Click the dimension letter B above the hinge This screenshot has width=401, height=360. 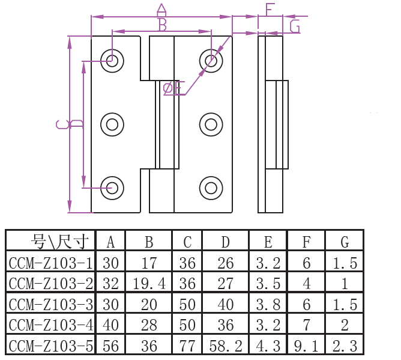pyautogui.click(x=163, y=25)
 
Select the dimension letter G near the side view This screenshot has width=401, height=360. pyautogui.click(x=295, y=26)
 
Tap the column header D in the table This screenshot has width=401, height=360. pyautogui.click(x=225, y=242)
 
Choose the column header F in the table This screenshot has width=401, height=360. pyautogui.click(x=306, y=242)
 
